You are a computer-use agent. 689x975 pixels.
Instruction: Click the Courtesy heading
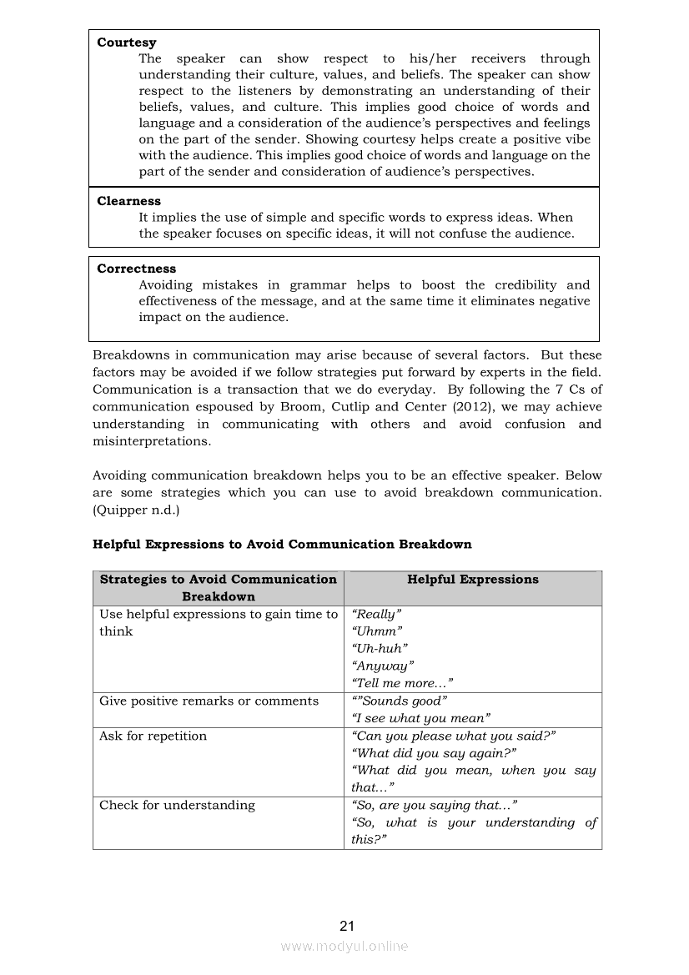pos(127,43)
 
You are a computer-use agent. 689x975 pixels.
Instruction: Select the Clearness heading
pos(129,201)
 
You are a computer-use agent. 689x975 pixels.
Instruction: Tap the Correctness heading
pos(137,269)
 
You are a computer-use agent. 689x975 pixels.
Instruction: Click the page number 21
pos(347,926)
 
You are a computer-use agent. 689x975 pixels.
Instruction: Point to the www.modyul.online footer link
pos(344,947)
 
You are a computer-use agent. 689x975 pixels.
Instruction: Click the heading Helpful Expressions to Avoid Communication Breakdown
pos(282,545)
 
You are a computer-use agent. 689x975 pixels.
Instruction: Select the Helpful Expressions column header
pos(473,580)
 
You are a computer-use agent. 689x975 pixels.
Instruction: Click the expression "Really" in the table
pos(377,614)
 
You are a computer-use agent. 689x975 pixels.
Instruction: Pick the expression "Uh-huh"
pos(380,648)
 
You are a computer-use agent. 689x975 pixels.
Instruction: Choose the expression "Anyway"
pos(383,666)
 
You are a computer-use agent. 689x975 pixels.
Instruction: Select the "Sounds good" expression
pos(401,701)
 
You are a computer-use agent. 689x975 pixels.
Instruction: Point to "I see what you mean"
pos(421,718)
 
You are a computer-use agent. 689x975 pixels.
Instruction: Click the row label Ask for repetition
pos(153,736)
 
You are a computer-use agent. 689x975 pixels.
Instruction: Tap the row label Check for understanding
pos(177,806)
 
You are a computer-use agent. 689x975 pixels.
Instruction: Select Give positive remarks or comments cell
pos(209,701)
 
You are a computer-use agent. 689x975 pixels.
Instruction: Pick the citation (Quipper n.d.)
pos(136,510)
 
